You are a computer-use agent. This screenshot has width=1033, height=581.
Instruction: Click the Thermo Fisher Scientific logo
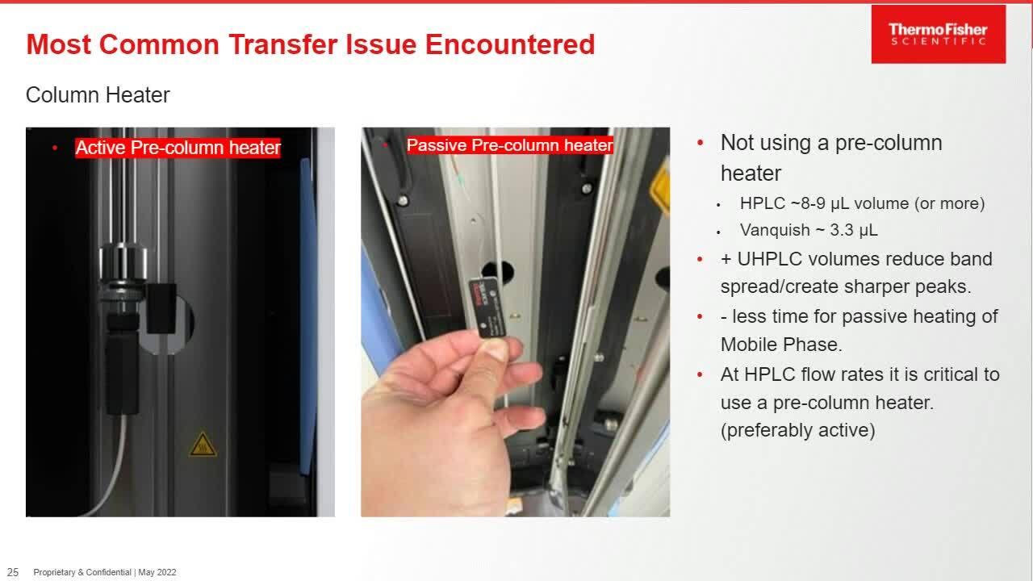click(x=939, y=35)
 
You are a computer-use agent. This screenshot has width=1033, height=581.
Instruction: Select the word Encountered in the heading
click(x=510, y=44)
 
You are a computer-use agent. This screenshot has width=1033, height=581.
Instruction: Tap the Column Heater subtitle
click(x=98, y=95)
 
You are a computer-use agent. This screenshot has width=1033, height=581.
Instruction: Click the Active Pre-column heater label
click(x=178, y=148)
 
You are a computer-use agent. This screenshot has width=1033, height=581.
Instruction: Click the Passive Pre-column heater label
click(x=510, y=145)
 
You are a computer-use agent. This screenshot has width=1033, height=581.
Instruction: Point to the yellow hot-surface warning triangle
click(x=203, y=444)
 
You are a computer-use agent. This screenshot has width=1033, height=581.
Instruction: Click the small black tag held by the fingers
click(x=487, y=307)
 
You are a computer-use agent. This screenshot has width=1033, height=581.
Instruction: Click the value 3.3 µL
click(x=854, y=230)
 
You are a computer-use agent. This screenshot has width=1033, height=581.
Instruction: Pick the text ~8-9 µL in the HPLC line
click(x=819, y=203)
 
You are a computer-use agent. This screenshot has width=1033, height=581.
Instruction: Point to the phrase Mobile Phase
click(x=781, y=345)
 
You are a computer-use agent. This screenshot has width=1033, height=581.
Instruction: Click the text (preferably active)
click(x=798, y=430)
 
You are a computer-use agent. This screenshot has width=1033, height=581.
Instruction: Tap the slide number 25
click(x=13, y=572)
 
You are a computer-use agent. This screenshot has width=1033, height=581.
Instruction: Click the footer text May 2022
click(x=157, y=572)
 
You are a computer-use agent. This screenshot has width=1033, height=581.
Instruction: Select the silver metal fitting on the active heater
click(x=123, y=263)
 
